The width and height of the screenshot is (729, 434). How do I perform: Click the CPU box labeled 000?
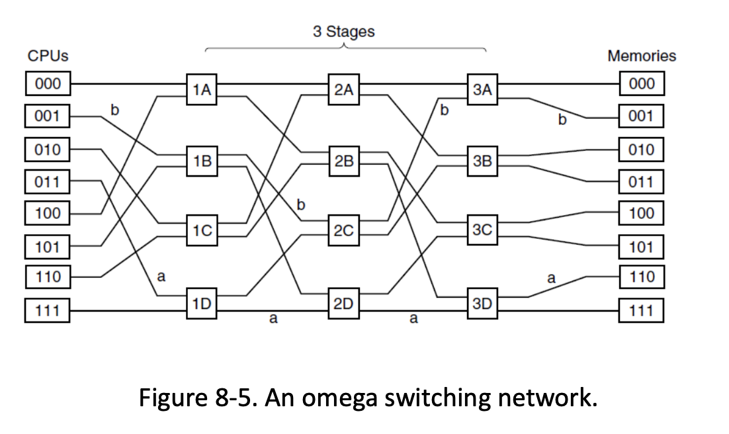coord(48,84)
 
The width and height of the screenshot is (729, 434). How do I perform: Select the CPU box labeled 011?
coord(48,181)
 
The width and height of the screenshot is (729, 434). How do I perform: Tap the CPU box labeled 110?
coord(48,277)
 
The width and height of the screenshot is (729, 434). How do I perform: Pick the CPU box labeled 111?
coord(48,310)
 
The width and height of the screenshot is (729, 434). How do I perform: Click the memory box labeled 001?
coord(641,117)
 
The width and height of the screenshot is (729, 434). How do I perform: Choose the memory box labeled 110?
coord(641,277)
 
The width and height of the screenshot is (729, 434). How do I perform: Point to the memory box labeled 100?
coord(641,213)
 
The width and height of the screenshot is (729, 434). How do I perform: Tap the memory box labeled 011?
coord(641,181)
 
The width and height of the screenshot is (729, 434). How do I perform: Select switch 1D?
coord(202,303)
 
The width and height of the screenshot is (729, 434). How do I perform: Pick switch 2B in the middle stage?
coord(343,161)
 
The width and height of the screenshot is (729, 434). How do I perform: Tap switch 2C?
coord(343,230)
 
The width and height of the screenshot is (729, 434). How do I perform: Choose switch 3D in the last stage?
coord(482,303)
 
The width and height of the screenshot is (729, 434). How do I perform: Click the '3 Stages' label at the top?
coord(343,32)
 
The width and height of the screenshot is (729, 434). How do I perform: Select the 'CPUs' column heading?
coord(48,56)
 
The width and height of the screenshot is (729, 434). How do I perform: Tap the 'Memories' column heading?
coord(641,56)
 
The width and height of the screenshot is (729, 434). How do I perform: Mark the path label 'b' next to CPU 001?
coord(114,110)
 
